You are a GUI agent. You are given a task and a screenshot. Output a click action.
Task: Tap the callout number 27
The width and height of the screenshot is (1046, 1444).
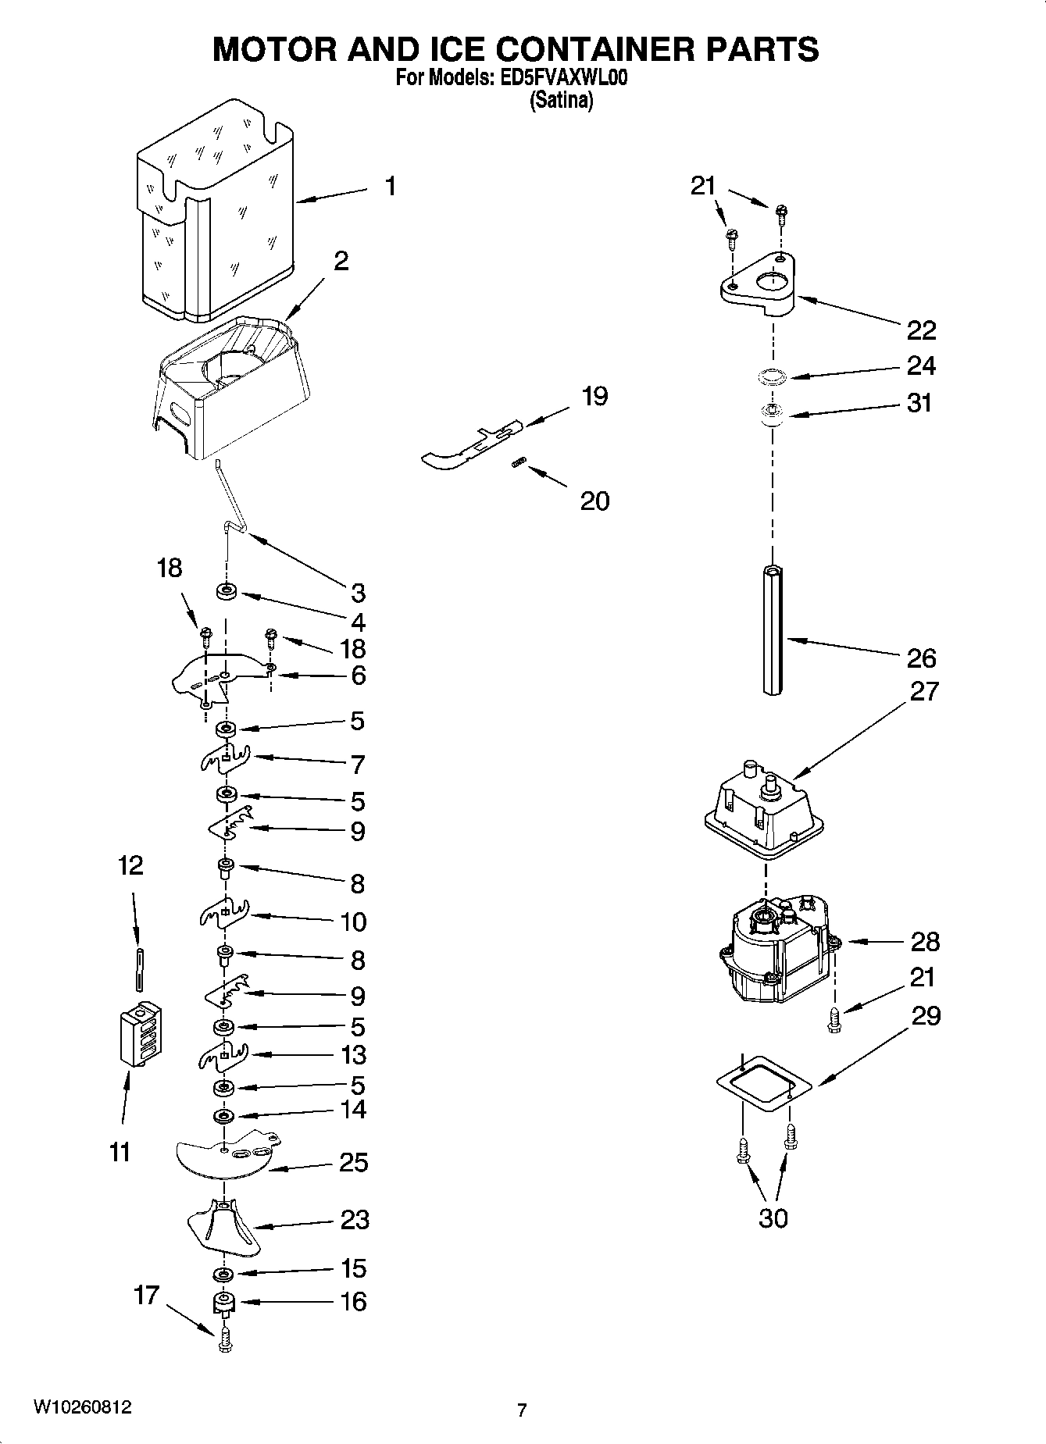(924, 691)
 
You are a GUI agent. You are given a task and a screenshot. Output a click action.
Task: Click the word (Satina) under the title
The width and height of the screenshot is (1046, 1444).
(561, 100)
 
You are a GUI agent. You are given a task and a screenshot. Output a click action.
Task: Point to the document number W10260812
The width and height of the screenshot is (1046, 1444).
(82, 1407)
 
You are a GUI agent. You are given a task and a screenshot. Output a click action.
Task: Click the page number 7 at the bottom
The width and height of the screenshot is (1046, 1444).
(521, 1410)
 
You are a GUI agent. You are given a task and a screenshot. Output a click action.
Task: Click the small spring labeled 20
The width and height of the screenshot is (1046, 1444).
(516, 464)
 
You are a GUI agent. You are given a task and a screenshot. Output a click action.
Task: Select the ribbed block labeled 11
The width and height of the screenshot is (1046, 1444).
(141, 1032)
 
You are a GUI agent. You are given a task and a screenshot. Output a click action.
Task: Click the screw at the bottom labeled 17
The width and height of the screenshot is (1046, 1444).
(226, 1341)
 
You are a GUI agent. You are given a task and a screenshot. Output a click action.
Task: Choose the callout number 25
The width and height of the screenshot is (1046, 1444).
(353, 1162)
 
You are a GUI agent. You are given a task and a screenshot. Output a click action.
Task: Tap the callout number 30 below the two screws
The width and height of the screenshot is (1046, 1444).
(773, 1218)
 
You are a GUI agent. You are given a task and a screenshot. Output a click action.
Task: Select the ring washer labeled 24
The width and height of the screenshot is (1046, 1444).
(771, 377)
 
